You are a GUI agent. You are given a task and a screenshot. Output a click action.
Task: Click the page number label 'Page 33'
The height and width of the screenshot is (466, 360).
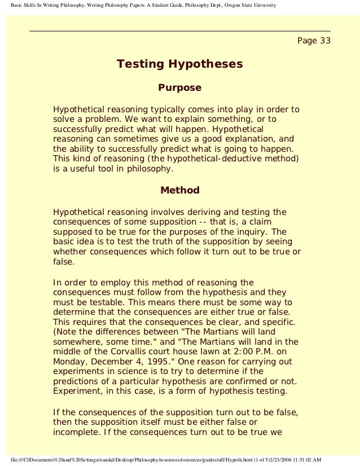click(313, 41)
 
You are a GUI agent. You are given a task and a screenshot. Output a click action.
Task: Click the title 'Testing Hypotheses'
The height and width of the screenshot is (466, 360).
click(179, 64)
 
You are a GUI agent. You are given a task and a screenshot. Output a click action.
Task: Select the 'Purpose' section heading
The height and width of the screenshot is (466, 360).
click(179, 88)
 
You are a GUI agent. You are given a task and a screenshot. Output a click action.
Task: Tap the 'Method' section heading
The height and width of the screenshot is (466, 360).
click(179, 190)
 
